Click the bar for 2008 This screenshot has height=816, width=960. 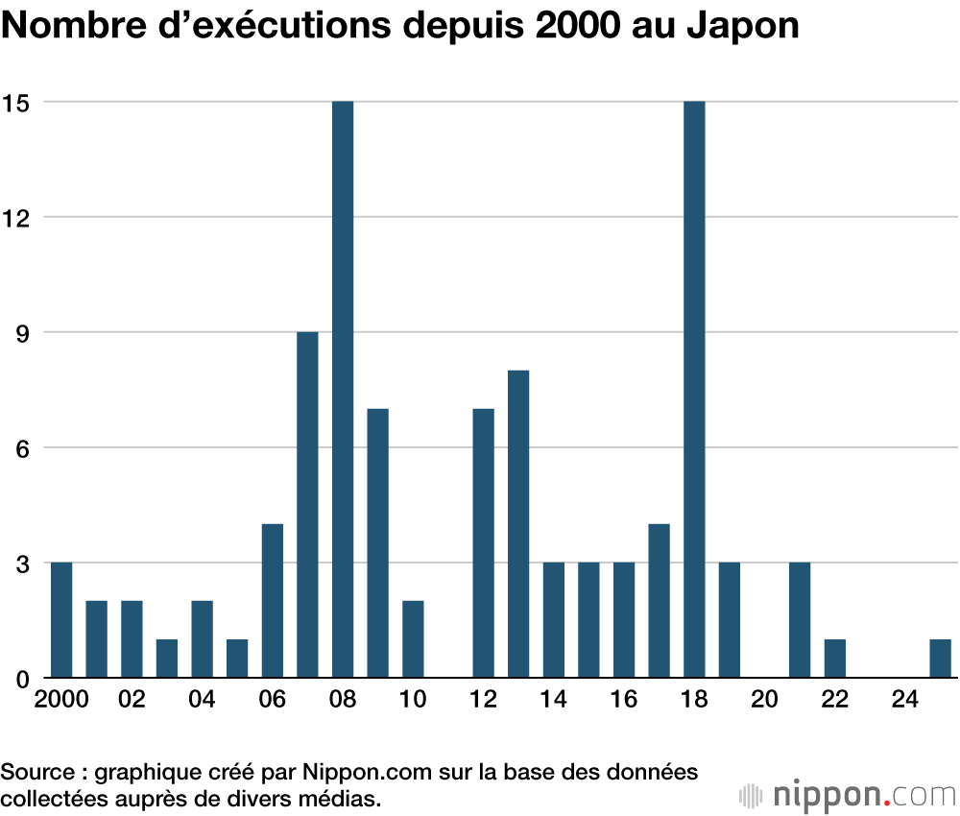click(x=343, y=389)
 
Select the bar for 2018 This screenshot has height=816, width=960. click(x=694, y=389)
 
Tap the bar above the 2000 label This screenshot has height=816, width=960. click(x=61, y=620)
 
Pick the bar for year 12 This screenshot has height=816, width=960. click(x=483, y=543)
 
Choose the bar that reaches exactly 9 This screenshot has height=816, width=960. click(x=307, y=505)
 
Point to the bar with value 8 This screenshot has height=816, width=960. click(x=518, y=524)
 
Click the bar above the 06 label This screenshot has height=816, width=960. click(x=273, y=601)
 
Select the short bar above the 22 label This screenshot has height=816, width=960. click(x=834, y=659)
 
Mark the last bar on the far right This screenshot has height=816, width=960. click(x=940, y=659)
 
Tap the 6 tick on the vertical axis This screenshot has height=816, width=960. click(x=21, y=447)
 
